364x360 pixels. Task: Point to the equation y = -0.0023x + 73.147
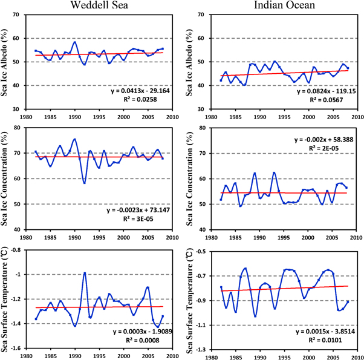136,211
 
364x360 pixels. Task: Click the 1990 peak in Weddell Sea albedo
74,42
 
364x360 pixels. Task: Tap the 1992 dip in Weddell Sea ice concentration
84,182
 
